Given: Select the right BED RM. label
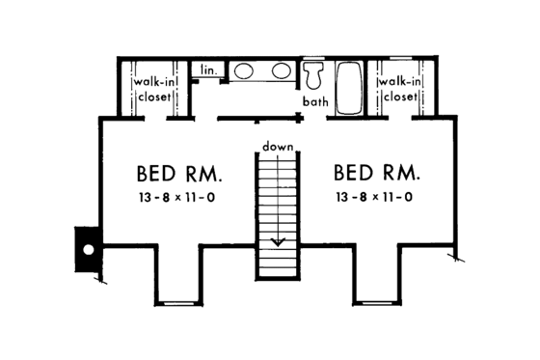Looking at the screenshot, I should (377, 174).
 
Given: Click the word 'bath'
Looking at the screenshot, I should (316, 101).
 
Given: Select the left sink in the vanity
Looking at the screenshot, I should (244, 70).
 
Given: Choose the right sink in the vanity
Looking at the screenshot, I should (283, 70).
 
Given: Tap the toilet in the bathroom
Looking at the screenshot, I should (313, 75).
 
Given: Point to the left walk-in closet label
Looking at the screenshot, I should (151, 90).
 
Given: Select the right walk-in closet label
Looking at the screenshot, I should (399, 89).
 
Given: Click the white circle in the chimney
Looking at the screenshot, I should (88, 249).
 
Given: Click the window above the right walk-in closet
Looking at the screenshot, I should (399, 58).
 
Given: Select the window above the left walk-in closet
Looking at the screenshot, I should (151, 58).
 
